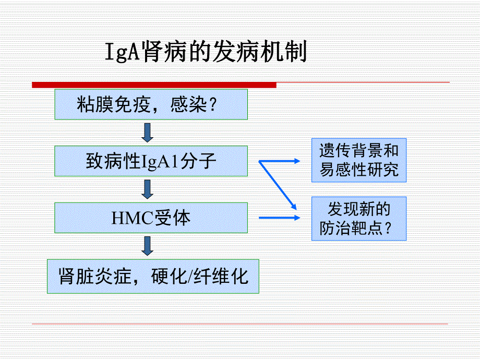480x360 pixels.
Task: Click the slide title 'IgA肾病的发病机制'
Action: [207, 52]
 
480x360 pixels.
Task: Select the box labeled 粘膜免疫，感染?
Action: [151, 105]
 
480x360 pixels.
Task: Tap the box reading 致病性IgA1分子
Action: [151, 161]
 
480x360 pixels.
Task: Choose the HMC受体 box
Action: [151, 218]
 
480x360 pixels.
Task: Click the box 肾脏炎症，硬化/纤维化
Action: [153, 276]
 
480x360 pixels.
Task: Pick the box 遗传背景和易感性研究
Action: [359, 161]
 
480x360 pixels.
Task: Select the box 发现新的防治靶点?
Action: [359, 219]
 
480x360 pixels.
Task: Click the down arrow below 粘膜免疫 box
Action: [148, 133]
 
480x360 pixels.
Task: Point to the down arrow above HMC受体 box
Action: [148, 189]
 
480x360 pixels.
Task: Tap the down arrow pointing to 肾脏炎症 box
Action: [148, 246]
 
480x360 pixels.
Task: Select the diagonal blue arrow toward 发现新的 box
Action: [279, 184]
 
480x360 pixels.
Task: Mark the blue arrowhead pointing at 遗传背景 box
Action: [297, 161]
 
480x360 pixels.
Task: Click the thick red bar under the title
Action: [154, 85]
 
